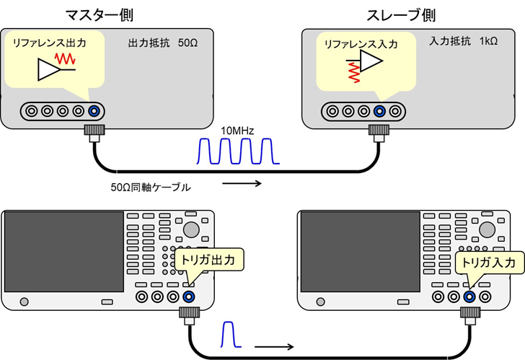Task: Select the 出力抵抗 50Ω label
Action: (163, 43)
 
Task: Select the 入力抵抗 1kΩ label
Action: (463, 43)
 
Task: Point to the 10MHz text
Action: (237, 131)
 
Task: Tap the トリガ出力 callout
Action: (211, 258)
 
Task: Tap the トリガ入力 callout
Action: (488, 263)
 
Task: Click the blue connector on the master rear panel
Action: (93, 111)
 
